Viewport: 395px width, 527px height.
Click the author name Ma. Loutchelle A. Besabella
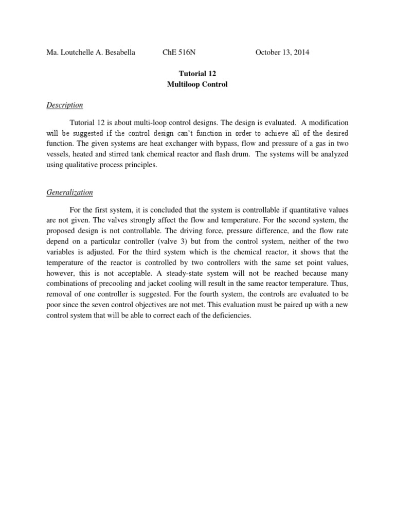pos(91,52)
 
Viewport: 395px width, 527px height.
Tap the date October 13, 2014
pos(282,52)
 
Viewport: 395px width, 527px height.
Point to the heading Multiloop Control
pos(197,85)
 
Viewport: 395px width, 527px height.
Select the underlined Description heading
pos(65,106)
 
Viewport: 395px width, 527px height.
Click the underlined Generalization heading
pos(70,192)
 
